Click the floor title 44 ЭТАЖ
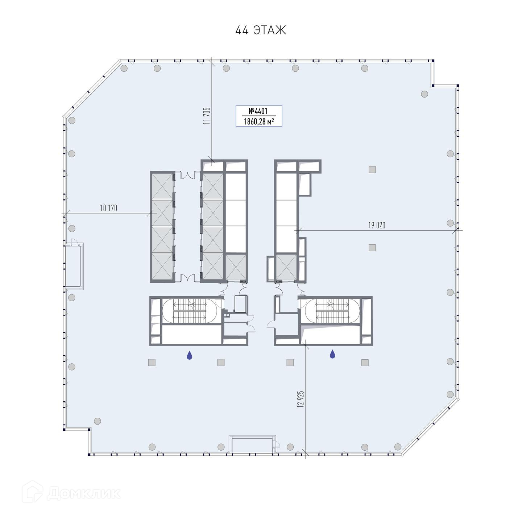click(x=260, y=30)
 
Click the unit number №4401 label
click(x=258, y=111)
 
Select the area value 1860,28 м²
click(x=259, y=121)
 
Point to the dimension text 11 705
click(x=207, y=116)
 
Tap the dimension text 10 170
click(x=108, y=208)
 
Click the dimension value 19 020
click(x=377, y=225)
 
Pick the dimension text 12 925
click(x=301, y=399)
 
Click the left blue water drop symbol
click(x=189, y=355)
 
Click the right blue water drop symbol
click(x=332, y=354)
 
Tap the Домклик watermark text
click(x=84, y=493)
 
